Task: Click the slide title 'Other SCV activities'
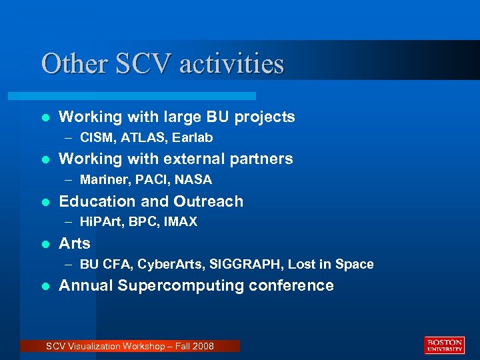tap(163, 64)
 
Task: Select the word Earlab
tap(193, 138)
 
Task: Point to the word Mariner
tap(102, 180)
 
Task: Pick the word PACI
tap(151, 180)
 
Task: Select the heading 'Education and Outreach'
tap(151, 201)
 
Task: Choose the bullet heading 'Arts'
tap(75, 243)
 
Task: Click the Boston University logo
tap(444, 345)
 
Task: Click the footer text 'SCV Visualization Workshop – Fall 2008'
tap(129, 346)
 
